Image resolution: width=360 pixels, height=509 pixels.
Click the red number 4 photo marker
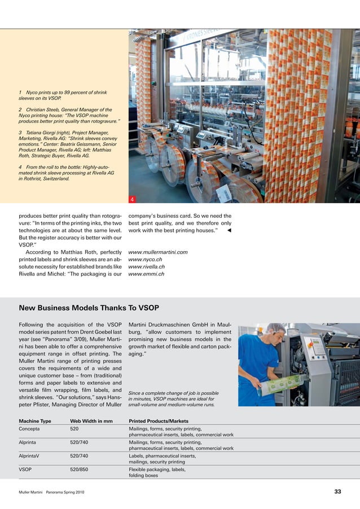(x=132, y=200)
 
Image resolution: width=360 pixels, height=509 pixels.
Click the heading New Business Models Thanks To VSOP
(x=89, y=308)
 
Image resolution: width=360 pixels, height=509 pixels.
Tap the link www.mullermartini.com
(x=158, y=252)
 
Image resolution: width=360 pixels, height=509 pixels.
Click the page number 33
(x=337, y=492)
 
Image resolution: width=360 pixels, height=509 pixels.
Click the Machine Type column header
(x=35, y=421)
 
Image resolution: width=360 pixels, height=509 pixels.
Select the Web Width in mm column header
(x=91, y=421)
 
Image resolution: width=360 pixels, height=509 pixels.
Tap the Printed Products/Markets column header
(x=159, y=421)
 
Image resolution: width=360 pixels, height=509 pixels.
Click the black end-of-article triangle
(x=229, y=230)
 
